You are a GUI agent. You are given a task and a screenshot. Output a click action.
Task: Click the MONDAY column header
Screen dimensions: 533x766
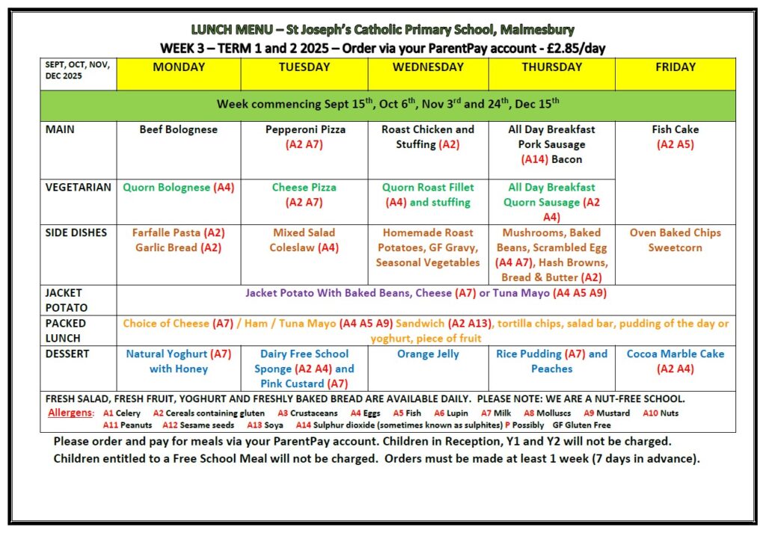[179, 67]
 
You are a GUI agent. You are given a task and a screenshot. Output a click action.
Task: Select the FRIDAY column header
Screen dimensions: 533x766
[675, 67]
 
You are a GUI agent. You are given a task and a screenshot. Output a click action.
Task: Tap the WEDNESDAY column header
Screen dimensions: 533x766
[428, 67]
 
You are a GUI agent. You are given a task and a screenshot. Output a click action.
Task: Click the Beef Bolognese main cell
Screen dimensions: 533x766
[179, 130]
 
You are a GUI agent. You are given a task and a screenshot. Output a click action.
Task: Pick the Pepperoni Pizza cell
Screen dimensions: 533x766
[304, 137]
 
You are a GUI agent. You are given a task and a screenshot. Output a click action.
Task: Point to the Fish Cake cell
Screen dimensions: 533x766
[675, 137]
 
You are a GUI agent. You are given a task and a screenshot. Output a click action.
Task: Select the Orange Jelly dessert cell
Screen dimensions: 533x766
[428, 354]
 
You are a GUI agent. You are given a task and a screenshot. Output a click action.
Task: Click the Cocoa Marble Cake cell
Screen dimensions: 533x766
[675, 361]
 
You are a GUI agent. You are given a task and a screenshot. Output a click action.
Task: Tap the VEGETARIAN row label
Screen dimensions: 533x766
[78, 188]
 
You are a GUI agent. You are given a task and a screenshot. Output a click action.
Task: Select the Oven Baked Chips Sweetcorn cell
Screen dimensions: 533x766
[675, 240]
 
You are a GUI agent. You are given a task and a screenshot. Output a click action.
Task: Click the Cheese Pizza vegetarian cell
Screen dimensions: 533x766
[304, 194]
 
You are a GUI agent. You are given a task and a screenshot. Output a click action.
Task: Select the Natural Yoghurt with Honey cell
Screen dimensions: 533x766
[179, 361]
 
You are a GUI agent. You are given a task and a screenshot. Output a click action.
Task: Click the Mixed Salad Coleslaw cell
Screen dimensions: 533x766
[304, 240]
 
